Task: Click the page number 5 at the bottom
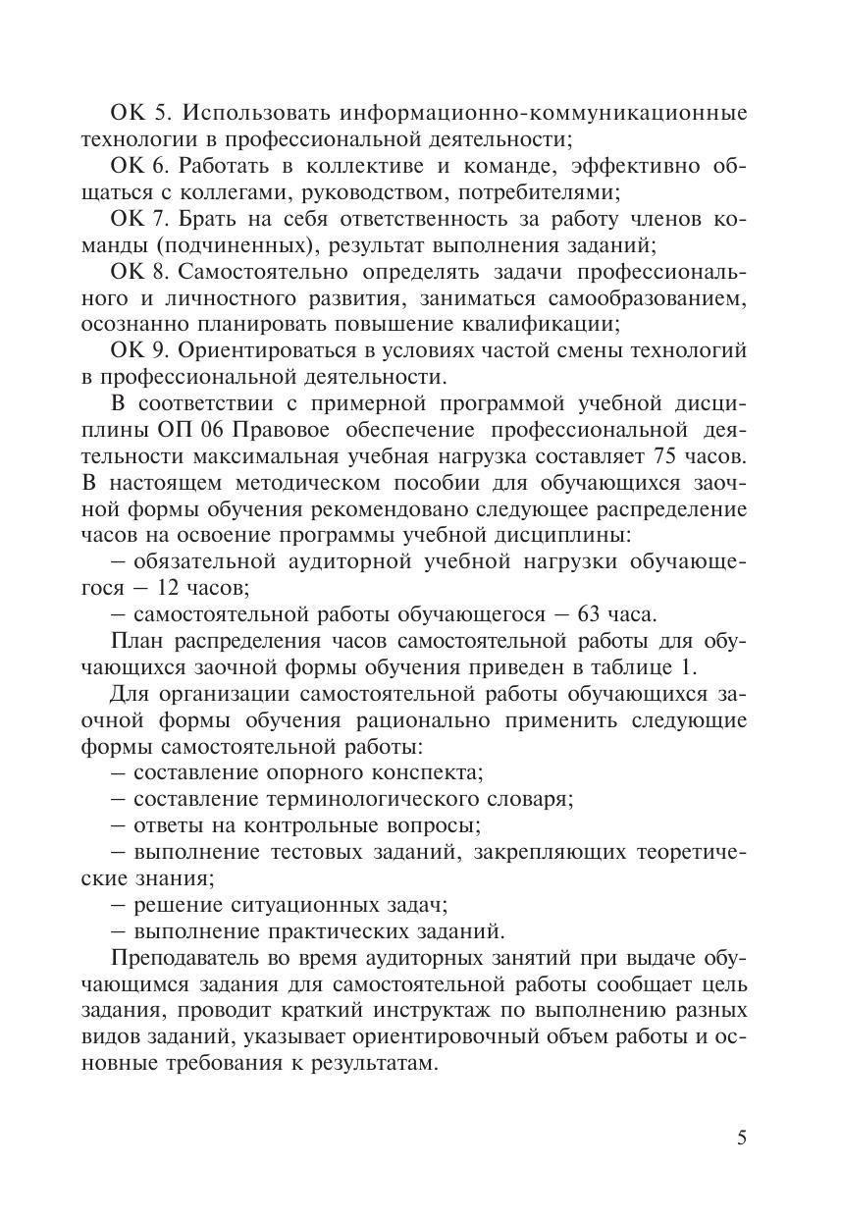coord(741,1139)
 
